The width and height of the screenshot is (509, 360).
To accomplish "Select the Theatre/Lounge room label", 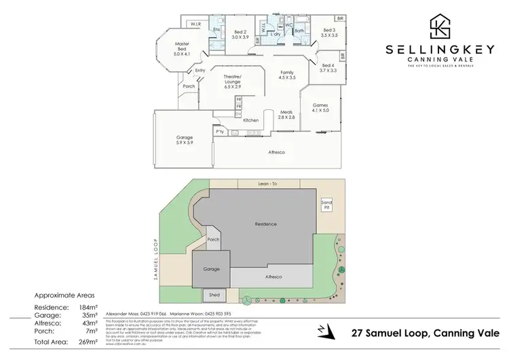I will pos(237,85).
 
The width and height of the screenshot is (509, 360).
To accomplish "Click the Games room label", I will pos(320,109).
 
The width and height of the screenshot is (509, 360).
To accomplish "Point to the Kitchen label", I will pos(251,120).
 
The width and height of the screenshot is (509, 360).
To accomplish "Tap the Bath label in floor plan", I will pos(299,31).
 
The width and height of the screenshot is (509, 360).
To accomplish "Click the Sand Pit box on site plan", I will pos(326,204).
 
